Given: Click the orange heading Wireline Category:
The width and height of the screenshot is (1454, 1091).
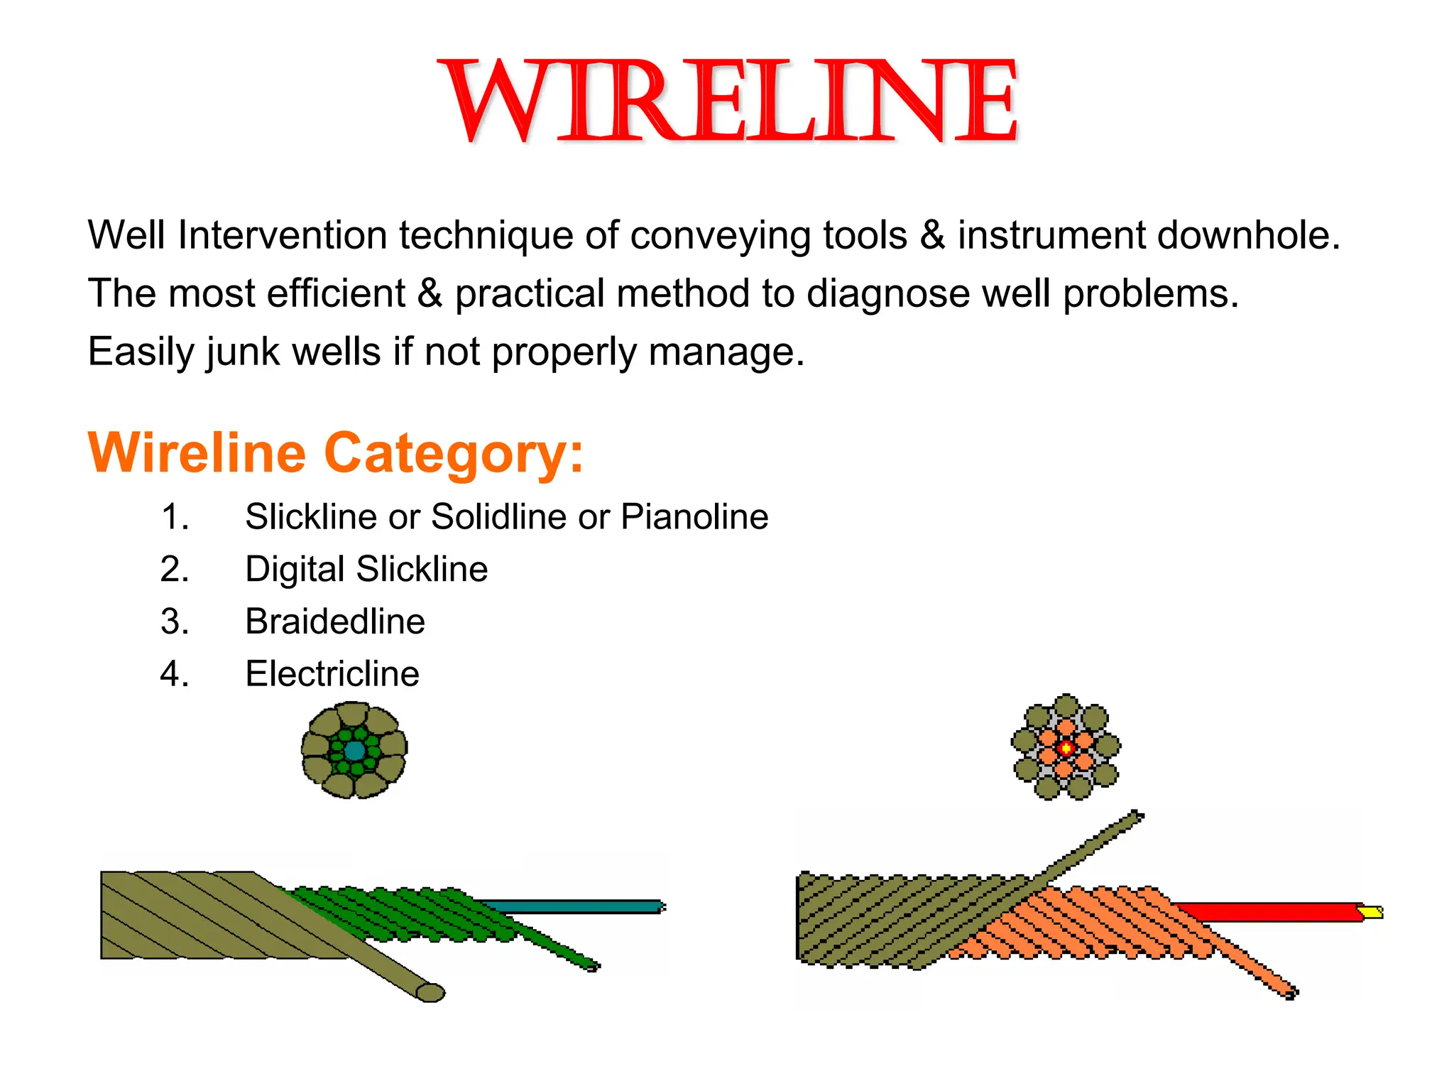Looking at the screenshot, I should coord(335,452).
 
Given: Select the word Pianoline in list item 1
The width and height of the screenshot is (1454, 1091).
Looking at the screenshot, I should coord(694,516).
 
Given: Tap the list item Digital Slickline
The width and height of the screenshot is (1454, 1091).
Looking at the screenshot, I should coord(366,569).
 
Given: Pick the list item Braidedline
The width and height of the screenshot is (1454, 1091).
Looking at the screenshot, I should coord(335,622).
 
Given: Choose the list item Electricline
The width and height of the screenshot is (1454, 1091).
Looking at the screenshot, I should coord(332,673).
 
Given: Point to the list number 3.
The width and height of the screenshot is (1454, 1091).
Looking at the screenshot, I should coord(175,622).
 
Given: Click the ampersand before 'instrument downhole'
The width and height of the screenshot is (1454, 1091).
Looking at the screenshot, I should coord(932,235).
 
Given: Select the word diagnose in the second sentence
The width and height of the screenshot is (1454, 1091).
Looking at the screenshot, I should coord(888,293).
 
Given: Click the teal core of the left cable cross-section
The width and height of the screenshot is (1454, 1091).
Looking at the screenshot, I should coord(354,751).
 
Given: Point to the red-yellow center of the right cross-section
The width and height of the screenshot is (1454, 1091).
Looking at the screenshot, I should coord(1066,747).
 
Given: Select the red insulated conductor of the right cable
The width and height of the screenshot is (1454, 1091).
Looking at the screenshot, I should coord(1271,911).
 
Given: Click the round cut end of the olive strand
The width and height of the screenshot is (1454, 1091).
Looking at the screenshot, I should coord(430,992).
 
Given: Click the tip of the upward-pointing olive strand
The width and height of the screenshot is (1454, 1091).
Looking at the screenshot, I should coord(1136,816).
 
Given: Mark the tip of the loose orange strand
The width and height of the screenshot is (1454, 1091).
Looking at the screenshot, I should coord(1291,992).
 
